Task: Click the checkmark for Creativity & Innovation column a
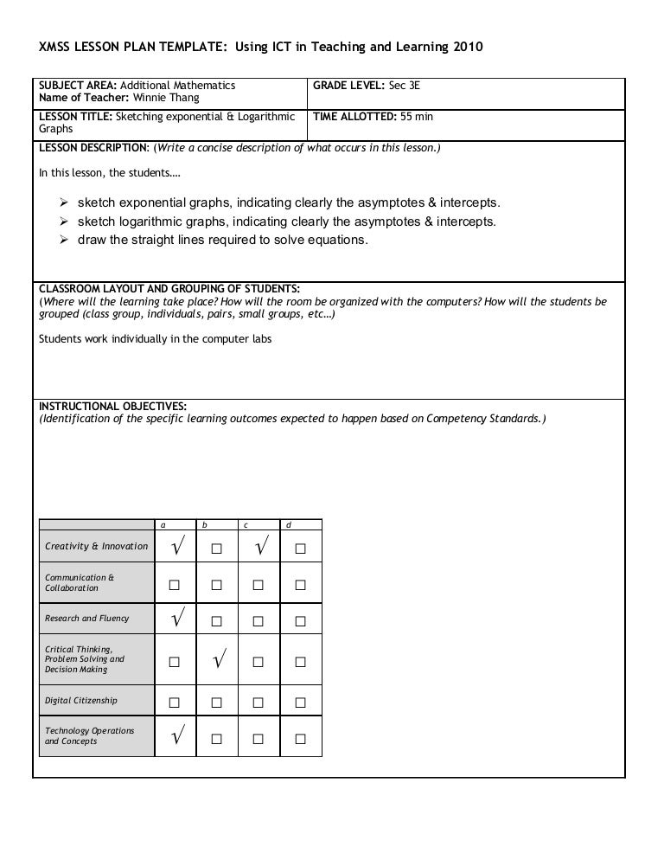176,547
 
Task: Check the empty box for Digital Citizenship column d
301,701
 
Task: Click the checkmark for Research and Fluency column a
176,619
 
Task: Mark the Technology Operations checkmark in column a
176,737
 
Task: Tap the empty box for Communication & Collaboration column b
218,585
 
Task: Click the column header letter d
289,524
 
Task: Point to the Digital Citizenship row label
81,701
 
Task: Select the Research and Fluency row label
86,619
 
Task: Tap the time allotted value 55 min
417,116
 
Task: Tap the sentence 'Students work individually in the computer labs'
156,339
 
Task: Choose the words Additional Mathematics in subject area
177,86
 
